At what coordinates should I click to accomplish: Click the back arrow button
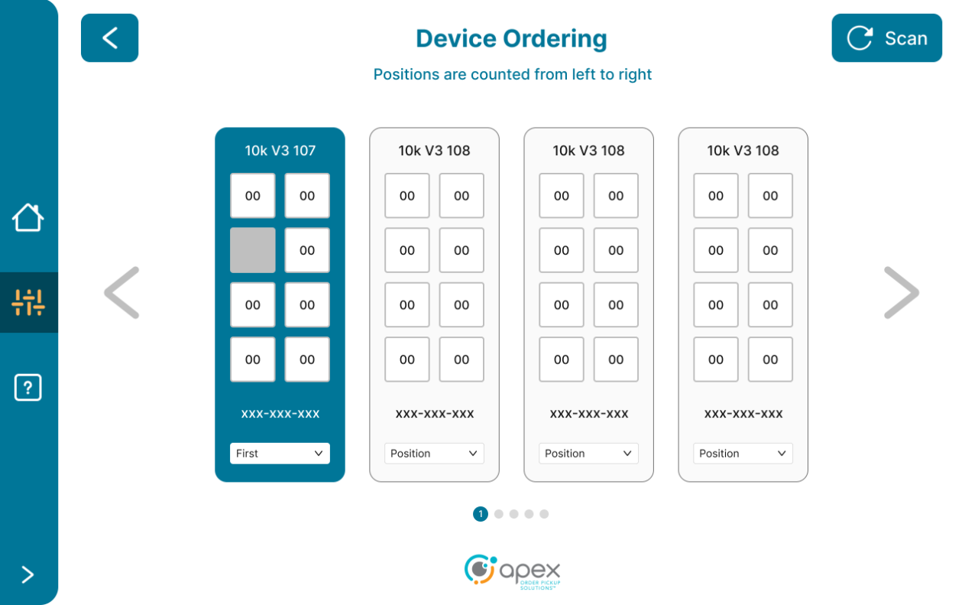[x=109, y=38]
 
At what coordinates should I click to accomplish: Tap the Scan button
[x=886, y=38]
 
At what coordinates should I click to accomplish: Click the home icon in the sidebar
[x=28, y=218]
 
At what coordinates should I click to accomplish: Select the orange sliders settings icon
[x=28, y=303]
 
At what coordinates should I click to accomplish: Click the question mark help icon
[x=28, y=388]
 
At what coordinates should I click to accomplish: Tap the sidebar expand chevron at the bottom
[x=28, y=574]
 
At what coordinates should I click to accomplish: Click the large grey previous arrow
[x=122, y=292]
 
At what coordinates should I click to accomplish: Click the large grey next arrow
[x=901, y=292]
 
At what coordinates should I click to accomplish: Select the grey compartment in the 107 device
[x=253, y=250]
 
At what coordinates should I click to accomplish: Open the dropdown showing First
[x=280, y=454]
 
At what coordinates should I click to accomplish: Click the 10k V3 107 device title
[x=280, y=151]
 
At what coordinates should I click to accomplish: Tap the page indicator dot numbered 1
[x=481, y=514]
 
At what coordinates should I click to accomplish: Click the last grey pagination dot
[x=544, y=514]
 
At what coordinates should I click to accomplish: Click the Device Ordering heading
[x=511, y=38]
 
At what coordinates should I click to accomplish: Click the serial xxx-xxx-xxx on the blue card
[x=280, y=414]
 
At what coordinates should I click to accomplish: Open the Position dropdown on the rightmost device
[x=743, y=454]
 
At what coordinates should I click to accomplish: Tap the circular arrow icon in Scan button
[x=860, y=38]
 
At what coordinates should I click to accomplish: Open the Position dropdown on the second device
[x=434, y=454]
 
